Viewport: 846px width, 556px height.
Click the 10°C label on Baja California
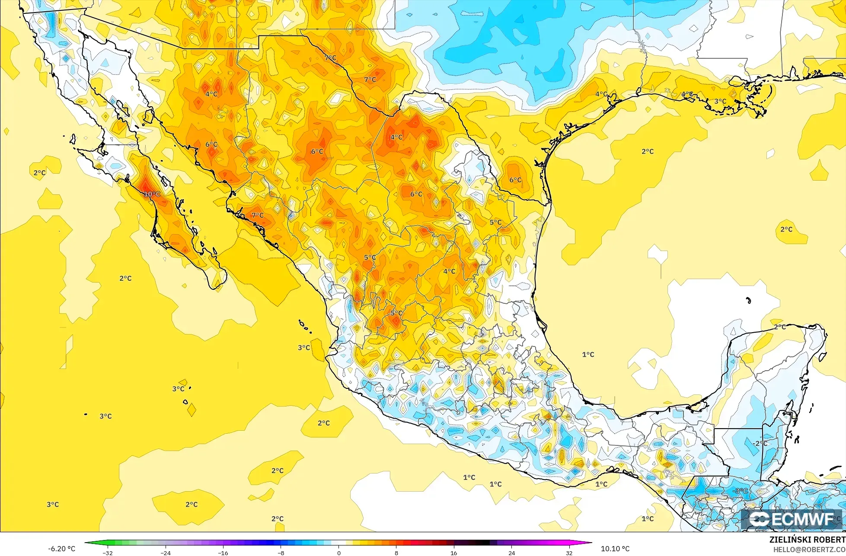point(152,194)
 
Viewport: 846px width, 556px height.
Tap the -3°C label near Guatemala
point(741,491)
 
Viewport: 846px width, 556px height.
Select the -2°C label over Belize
point(760,444)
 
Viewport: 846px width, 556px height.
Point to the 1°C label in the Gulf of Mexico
point(588,355)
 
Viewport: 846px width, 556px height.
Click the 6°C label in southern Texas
point(515,180)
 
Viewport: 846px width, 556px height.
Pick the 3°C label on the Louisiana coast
point(720,102)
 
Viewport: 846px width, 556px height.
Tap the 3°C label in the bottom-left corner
point(53,505)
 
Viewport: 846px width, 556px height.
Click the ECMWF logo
point(792,520)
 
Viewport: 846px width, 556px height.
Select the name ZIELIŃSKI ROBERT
point(807,540)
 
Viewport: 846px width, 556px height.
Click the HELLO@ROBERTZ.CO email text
point(809,550)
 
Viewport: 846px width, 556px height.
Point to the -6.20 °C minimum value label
point(62,549)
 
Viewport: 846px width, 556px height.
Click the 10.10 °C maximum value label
point(615,549)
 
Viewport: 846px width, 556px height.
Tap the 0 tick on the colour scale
point(338,553)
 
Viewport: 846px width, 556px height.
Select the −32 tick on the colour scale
point(108,553)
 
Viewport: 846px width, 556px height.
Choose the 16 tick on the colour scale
point(453,553)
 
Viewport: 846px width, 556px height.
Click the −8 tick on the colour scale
point(281,553)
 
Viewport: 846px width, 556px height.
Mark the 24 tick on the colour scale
point(511,553)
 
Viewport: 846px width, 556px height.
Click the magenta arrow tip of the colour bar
point(590,543)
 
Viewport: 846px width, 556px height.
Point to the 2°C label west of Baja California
point(39,173)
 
